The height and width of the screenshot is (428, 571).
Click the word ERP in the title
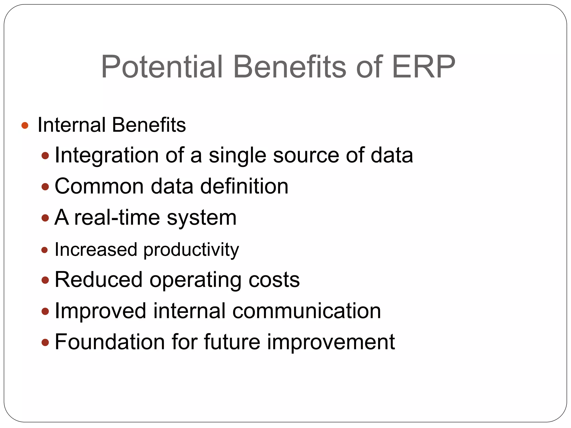423,67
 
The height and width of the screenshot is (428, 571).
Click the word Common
99,186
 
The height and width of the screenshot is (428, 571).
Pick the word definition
244,186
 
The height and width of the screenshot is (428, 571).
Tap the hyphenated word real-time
117,217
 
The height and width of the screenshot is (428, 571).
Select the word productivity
191,250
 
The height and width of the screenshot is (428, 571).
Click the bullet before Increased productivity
45,250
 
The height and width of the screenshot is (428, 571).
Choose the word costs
274,280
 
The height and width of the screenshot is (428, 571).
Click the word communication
307,311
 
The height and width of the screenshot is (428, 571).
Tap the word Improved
100,311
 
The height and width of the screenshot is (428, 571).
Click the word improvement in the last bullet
331,342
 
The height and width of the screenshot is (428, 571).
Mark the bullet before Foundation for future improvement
45,342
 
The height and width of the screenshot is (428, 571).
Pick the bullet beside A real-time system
45,218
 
